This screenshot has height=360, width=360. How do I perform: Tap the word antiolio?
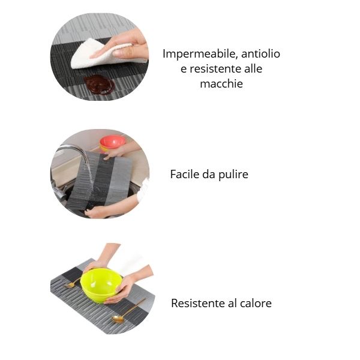tap(260, 54)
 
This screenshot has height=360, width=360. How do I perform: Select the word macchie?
tap(221, 83)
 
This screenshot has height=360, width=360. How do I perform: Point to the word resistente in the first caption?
tap(215, 68)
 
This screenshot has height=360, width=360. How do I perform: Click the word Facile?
tap(185, 174)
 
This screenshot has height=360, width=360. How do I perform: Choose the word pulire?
tap(233, 175)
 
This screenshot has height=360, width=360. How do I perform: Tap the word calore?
tap(256, 303)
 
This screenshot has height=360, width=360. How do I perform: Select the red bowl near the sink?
tap(112, 143)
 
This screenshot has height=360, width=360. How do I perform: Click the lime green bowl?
tap(101, 285)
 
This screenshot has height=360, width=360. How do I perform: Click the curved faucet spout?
tap(73, 152)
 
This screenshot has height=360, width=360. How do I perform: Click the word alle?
tap(253, 68)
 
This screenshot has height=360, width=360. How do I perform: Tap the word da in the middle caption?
tap(209, 174)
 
